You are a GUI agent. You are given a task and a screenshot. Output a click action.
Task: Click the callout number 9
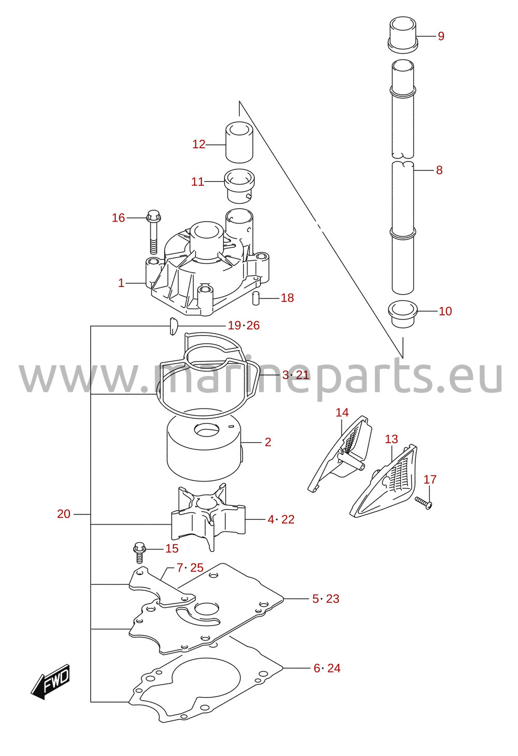(x=441, y=36)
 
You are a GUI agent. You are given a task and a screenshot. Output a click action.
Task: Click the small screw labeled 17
(x=423, y=503)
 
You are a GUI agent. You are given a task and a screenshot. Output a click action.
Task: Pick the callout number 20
(x=64, y=514)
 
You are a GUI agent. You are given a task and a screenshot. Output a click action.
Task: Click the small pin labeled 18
(x=255, y=298)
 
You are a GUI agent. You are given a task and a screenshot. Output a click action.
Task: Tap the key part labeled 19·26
(x=173, y=326)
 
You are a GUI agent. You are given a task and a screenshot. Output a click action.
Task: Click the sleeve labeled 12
(x=239, y=142)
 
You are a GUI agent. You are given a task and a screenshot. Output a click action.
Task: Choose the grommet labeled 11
(x=239, y=186)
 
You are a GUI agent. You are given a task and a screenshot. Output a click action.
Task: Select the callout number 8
(x=439, y=170)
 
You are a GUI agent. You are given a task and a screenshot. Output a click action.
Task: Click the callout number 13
(x=392, y=439)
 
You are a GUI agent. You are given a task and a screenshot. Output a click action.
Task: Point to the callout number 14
(x=342, y=412)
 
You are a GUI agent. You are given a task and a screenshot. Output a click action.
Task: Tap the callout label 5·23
(x=325, y=599)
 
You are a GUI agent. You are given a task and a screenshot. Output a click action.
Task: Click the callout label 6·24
(x=327, y=668)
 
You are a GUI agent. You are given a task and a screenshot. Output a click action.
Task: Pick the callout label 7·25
(x=190, y=568)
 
